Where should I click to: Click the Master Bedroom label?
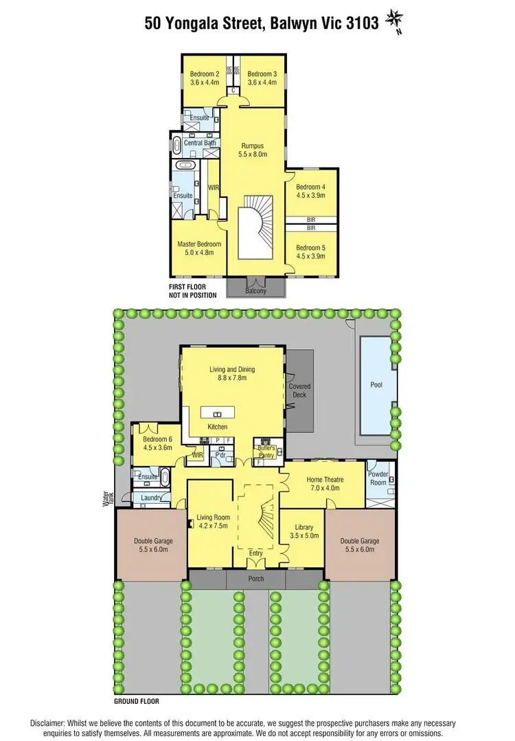pyautogui.click(x=199, y=244)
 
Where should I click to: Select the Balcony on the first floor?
pyautogui.click(x=255, y=291)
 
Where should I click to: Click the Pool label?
pyautogui.click(x=376, y=386)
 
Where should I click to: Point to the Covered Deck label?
pyautogui.click(x=299, y=390)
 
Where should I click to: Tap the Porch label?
pyautogui.click(x=255, y=578)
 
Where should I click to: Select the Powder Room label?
pyautogui.click(x=378, y=477)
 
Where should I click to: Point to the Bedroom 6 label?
pyautogui.click(x=158, y=439)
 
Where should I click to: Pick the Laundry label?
pyautogui.click(x=151, y=498)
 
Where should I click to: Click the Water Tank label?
pyautogui.click(x=107, y=493)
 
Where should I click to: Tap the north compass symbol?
pyautogui.click(x=394, y=19)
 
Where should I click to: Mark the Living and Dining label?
pyautogui.click(x=232, y=369)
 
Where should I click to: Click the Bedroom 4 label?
pyautogui.click(x=310, y=187)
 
